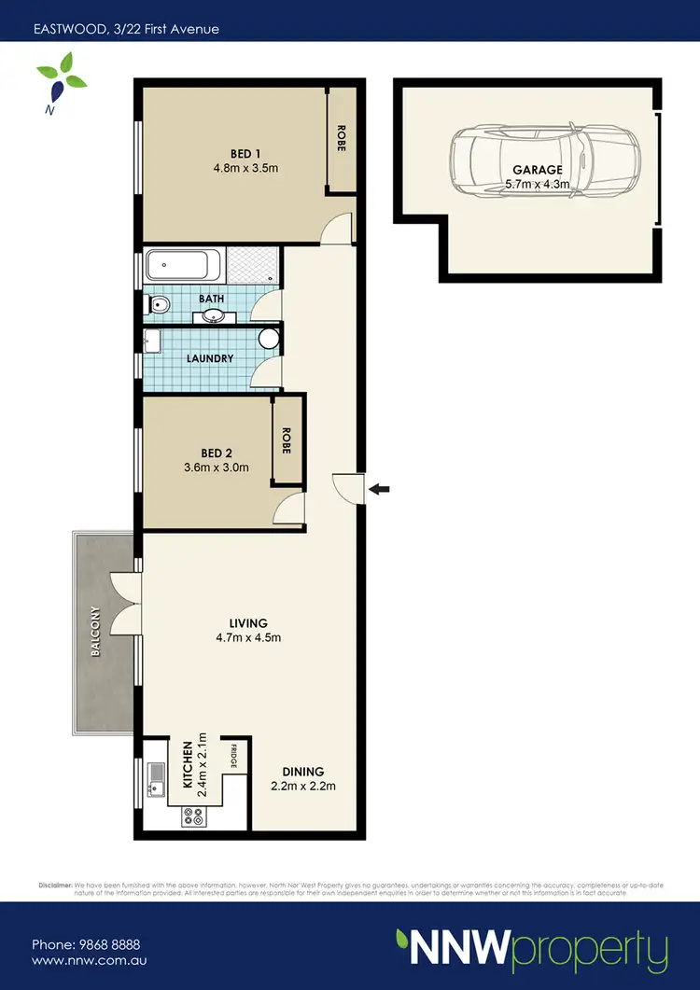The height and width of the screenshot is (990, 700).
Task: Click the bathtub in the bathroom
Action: tap(184, 267)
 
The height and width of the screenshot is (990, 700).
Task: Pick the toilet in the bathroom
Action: tap(158, 303)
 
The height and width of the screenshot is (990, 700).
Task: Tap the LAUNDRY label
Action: tap(209, 358)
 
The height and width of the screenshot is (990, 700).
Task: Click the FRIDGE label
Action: tap(234, 754)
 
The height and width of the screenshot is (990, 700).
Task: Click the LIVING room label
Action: tap(248, 622)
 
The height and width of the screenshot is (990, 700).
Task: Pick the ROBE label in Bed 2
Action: tap(287, 439)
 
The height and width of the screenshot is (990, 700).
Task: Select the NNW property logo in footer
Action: tap(531, 949)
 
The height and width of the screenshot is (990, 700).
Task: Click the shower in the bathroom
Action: tap(254, 267)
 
